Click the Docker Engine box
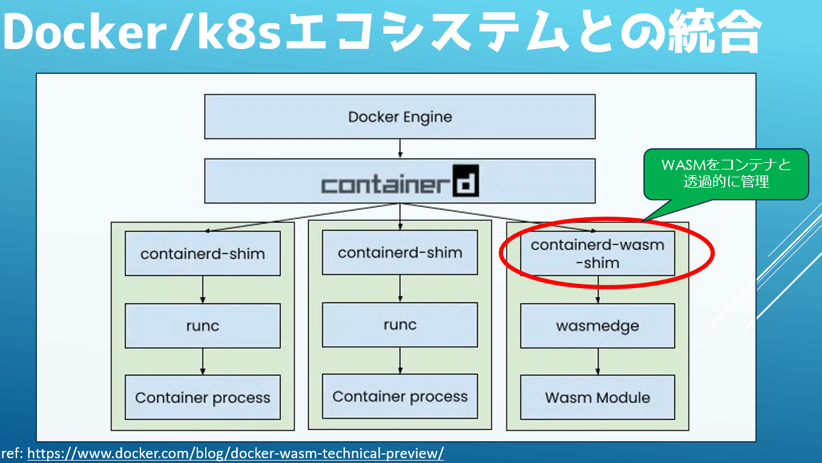tap(400, 117)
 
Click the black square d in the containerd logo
tap(465, 180)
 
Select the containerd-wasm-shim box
tap(597, 253)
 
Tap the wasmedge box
tap(597, 326)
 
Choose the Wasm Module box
tap(597, 397)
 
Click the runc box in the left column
tap(203, 326)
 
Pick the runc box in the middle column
tap(400, 324)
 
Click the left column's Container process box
tap(203, 397)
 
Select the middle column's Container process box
tap(400, 396)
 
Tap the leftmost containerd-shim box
tap(203, 253)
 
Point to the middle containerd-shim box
tap(400, 252)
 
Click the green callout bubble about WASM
tap(726, 174)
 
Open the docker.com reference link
tap(235, 453)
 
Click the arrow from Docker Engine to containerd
tap(400, 149)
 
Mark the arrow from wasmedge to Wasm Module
tap(598, 362)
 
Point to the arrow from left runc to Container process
tap(203, 362)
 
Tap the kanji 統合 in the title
tap(714, 31)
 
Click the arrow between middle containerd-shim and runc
tap(400, 289)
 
